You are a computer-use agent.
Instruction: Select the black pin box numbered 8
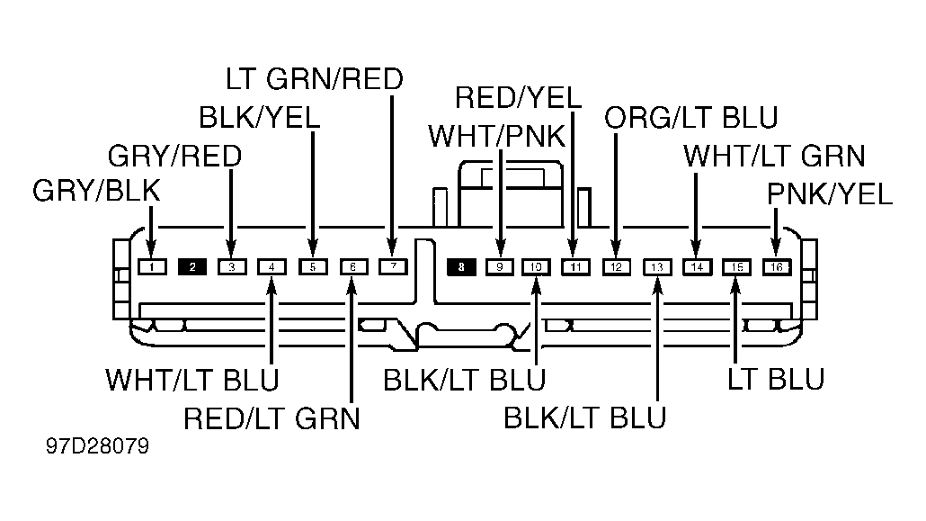pyautogui.click(x=461, y=266)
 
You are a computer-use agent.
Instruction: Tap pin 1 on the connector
pyautogui.click(x=152, y=266)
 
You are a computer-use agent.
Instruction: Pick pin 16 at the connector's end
pyautogui.click(x=777, y=266)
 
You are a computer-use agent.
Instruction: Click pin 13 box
pyautogui.click(x=657, y=266)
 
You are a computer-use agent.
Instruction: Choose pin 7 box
pyautogui.click(x=393, y=266)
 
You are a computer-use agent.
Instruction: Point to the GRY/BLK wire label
pyautogui.click(x=96, y=191)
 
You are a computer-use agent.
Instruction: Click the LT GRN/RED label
pyautogui.click(x=314, y=78)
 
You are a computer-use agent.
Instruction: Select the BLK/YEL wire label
pyautogui.click(x=259, y=117)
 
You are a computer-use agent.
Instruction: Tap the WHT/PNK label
pyautogui.click(x=496, y=136)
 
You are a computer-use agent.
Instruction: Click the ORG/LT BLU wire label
pyautogui.click(x=691, y=118)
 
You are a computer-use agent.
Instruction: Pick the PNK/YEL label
pyautogui.click(x=829, y=194)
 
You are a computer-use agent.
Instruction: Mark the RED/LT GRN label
pyautogui.click(x=272, y=418)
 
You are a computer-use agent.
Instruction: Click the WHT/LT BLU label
pyautogui.click(x=191, y=379)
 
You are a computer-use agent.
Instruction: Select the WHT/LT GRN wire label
pyautogui.click(x=774, y=157)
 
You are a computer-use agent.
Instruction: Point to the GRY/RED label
pyautogui.click(x=174, y=157)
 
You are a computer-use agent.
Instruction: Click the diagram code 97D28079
pyautogui.click(x=97, y=446)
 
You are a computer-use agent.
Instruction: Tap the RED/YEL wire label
pyautogui.click(x=518, y=97)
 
